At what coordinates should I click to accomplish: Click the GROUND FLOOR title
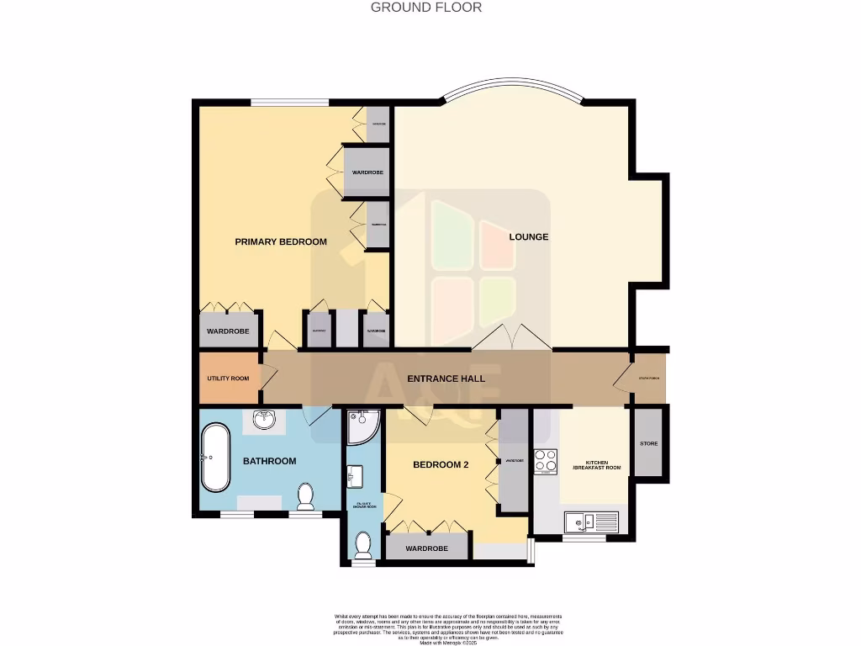point(426,8)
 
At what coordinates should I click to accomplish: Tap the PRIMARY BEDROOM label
point(281,242)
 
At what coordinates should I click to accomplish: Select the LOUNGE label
point(529,237)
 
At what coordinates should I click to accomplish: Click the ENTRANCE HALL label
point(446,379)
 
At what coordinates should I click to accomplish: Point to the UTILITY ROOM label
point(229,379)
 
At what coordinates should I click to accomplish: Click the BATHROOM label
point(270,461)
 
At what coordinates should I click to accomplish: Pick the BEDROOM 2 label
point(441,465)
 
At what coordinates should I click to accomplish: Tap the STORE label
point(648,443)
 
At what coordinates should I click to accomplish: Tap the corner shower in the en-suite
point(362,426)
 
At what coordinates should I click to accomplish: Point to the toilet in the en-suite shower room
point(363,546)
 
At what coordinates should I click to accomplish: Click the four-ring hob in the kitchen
point(545,462)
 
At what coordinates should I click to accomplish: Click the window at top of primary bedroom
point(289,103)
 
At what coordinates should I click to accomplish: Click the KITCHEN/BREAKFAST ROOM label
point(597,464)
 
